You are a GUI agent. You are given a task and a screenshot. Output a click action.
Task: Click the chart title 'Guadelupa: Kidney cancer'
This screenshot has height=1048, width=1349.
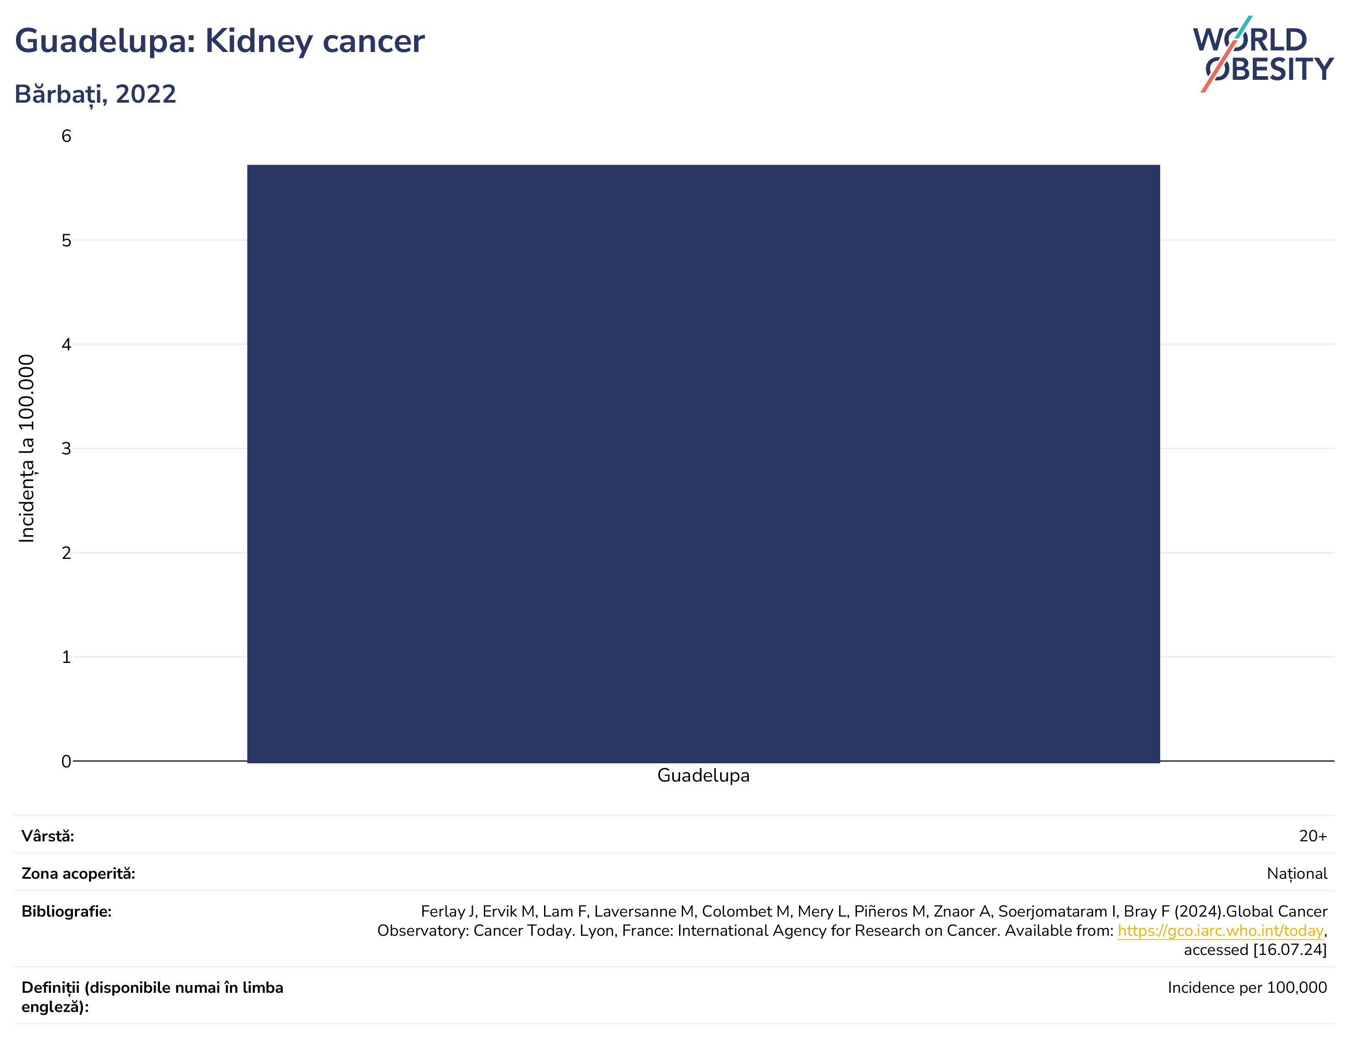point(219,42)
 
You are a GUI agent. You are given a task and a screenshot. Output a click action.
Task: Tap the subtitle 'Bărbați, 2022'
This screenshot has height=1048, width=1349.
point(96,94)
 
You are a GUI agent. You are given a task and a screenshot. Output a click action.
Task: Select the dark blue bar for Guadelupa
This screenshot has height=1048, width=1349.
point(704,464)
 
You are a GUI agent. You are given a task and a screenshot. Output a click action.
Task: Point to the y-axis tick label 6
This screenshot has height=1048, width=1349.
point(66,136)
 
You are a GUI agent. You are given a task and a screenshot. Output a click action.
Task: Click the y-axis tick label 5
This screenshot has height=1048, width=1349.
point(66,240)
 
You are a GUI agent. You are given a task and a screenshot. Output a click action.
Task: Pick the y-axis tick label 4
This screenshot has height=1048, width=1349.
point(66,344)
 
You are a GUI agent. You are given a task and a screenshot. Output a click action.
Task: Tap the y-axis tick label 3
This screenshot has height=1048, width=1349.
point(66,448)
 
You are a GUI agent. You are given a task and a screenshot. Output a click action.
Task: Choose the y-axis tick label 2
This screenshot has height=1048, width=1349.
point(66,553)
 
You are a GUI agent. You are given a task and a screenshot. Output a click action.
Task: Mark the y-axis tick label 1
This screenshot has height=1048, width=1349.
point(66,657)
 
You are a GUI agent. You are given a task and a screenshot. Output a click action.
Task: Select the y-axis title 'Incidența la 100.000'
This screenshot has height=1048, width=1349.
point(26,448)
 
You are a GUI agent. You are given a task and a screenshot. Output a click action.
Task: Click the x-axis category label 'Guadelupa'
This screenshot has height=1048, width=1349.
point(704,776)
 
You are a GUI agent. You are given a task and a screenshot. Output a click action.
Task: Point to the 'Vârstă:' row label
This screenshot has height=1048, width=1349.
point(47,836)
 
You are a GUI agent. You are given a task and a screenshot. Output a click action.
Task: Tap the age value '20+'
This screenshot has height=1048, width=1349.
point(1313,836)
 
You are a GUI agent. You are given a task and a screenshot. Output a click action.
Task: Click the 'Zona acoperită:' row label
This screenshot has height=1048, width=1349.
point(78,874)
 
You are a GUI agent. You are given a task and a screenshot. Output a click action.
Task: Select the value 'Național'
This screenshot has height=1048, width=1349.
point(1297,874)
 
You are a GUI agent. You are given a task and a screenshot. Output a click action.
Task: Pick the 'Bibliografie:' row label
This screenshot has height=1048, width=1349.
point(67,912)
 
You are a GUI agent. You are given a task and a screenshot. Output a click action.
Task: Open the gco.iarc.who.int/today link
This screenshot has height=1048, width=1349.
point(1220,931)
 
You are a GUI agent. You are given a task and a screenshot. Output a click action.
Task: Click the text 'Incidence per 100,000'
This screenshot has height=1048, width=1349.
point(1247,987)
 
